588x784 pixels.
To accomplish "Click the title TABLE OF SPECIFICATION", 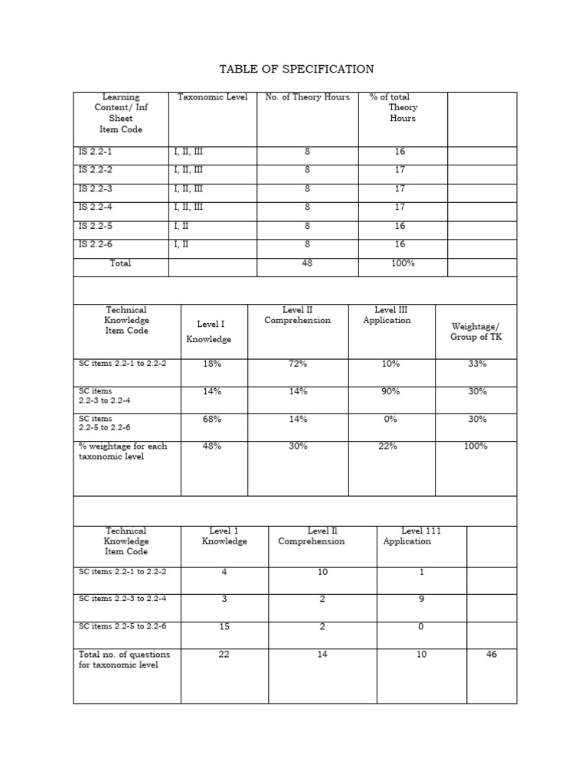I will coord(296,69).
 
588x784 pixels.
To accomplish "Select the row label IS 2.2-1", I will coord(95,152).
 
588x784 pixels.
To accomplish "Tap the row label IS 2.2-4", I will coord(95,207).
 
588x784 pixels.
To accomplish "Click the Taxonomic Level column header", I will coord(212,97).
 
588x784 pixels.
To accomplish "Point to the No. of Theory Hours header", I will coord(307,97).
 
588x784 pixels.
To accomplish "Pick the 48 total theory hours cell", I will coord(307,263).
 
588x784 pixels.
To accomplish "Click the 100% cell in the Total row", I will coord(403,263).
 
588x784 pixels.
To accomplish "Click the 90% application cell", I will coord(390,391).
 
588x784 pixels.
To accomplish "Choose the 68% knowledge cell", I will coord(212,419).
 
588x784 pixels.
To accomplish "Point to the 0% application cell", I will coord(390,419).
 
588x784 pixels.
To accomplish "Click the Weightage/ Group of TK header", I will coord(476,332).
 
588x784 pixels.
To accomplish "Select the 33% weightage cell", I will coord(476,364).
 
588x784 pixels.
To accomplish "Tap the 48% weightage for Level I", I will coord(212,446).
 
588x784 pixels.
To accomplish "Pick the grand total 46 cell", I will coord(492,655).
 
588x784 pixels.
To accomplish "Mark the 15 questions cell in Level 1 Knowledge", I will coord(224,626).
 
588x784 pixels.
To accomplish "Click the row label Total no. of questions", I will coord(124,660).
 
